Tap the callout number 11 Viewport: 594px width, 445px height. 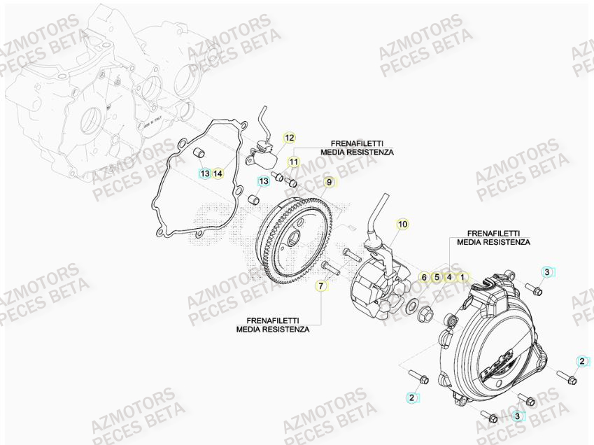point(294,162)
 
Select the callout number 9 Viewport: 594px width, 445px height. point(329,183)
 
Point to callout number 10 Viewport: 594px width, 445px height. point(402,224)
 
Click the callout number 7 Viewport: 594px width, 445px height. point(321,286)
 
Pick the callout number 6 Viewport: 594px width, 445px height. point(423,277)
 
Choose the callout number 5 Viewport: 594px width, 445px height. point(437,277)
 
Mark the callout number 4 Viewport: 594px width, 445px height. point(449,277)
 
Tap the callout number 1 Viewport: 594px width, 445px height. point(462,277)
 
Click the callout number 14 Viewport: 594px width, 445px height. point(218,173)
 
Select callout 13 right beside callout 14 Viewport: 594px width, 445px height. point(204,173)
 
